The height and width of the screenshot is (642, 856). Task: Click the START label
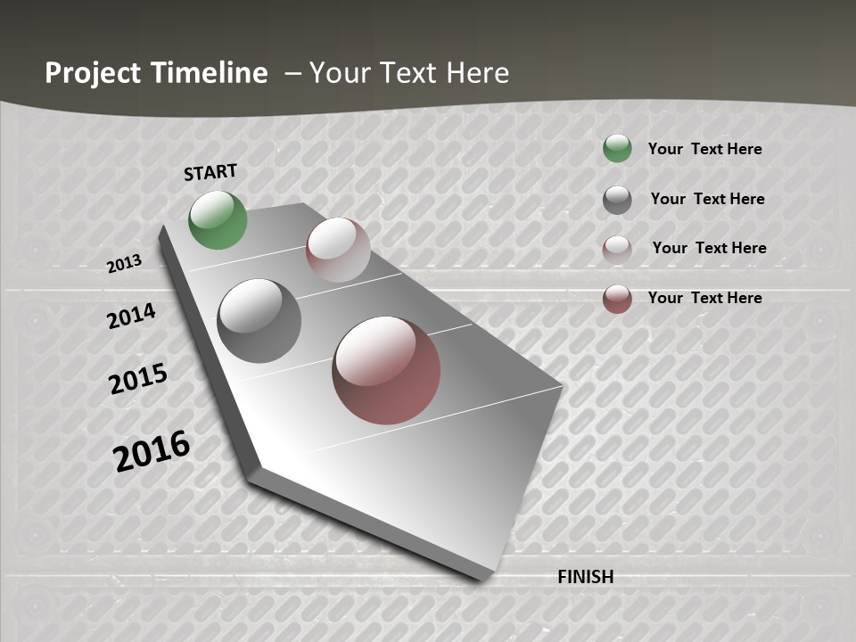pos(210,172)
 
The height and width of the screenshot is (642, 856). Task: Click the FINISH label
pos(585,577)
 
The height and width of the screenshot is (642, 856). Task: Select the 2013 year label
pos(125,263)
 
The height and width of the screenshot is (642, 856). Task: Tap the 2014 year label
pos(132,316)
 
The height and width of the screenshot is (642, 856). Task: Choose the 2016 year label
pos(152,450)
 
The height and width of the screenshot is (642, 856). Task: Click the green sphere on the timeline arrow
pos(218,219)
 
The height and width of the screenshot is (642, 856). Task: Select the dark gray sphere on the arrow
pos(259,321)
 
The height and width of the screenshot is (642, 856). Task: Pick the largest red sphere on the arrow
pos(386,370)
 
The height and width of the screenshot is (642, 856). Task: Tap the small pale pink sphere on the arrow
pos(338,250)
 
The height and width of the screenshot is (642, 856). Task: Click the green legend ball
pos(617,148)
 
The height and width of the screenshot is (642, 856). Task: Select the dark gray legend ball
pos(617,200)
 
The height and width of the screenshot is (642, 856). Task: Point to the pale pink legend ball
pos(617,249)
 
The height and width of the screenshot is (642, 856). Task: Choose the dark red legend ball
pos(617,299)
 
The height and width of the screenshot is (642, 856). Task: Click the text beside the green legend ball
pos(704,149)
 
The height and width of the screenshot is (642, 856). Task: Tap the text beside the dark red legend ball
pos(704,298)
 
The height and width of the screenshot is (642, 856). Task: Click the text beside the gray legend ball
pos(707,199)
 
